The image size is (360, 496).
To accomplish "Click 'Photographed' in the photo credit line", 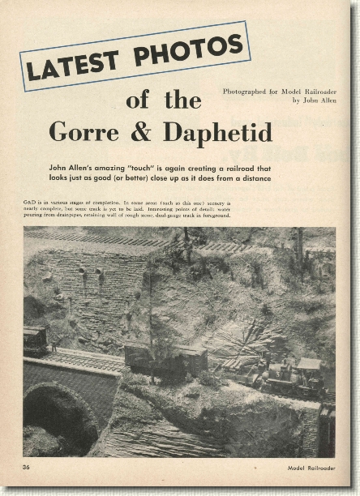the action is pos(246,92).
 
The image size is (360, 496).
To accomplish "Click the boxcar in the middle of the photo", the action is pos(165,358).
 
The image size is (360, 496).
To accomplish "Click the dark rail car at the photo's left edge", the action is pos(35,340).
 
